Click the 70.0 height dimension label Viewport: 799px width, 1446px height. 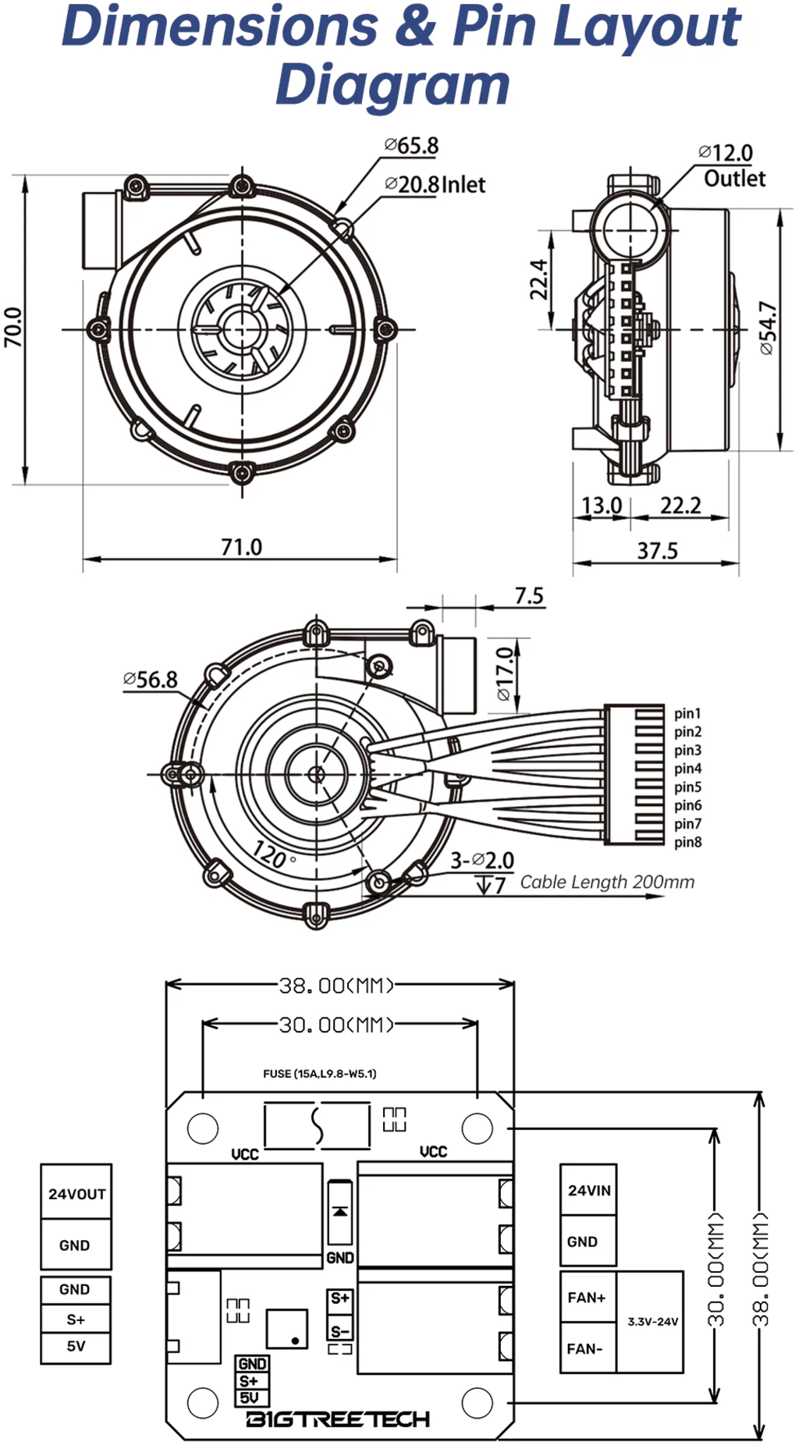(x=13, y=327)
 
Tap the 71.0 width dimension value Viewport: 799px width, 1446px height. (x=241, y=546)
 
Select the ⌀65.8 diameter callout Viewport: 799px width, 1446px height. (x=411, y=146)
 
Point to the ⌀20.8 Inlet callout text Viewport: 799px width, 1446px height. (x=435, y=185)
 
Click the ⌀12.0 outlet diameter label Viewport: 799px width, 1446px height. (x=726, y=153)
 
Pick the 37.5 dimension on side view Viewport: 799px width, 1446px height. (x=657, y=551)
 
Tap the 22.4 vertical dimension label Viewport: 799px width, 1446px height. (x=539, y=279)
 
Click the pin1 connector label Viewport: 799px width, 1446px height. (x=687, y=713)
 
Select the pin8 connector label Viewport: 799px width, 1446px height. (x=687, y=842)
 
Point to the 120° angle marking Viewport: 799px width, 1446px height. (x=272, y=855)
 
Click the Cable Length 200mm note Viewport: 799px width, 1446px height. (x=607, y=882)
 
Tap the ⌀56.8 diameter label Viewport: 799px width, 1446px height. (x=151, y=680)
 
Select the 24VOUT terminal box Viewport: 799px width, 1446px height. (x=76, y=1193)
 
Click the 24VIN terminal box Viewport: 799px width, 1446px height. (x=588, y=1190)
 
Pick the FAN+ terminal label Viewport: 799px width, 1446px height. (x=587, y=1297)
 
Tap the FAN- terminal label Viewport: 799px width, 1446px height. (x=584, y=1348)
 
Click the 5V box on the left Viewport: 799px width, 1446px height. (x=76, y=1346)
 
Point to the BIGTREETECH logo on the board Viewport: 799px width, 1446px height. (x=338, y=1419)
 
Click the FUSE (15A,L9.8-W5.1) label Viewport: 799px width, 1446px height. (x=319, y=1074)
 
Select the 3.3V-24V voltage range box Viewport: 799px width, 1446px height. (x=652, y=1322)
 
